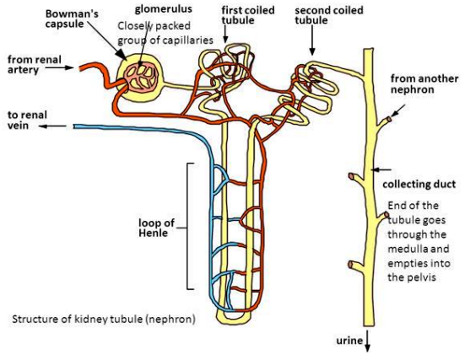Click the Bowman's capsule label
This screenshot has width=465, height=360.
(x=72, y=19)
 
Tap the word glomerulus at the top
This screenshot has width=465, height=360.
(x=164, y=9)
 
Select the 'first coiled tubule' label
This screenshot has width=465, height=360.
(x=248, y=15)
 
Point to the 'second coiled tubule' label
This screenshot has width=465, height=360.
(x=328, y=15)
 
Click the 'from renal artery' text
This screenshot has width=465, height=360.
(x=34, y=65)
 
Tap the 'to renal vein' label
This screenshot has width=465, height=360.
(x=27, y=120)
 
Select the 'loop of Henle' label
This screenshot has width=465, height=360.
(x=156, y=228)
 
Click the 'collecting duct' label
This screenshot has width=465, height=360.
(x=419, y=185)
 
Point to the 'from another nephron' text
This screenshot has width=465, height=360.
(x=424, y=83)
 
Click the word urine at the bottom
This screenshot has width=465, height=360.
(x=349, y=341)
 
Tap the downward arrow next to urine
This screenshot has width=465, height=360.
(x=367, y=341)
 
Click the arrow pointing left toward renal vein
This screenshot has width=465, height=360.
(x=52, y=126)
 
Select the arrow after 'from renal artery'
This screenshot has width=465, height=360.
(x=60, y=67)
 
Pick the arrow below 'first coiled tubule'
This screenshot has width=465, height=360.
(x=225, y=34)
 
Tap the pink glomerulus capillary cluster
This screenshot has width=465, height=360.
(x=140, y=77)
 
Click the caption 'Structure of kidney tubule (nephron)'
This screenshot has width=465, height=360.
(x=104, y=320)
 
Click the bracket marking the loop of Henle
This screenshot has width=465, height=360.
(x=187, y=226)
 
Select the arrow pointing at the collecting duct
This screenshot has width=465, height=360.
(x=381, y=169)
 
